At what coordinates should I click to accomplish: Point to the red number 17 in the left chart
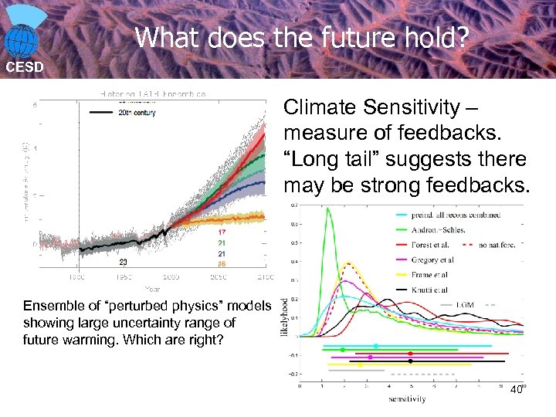point(222,232)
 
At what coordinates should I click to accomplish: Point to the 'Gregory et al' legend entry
point(436,259)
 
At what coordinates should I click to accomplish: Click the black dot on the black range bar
point(410,361)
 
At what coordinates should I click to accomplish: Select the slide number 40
point(516,389)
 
